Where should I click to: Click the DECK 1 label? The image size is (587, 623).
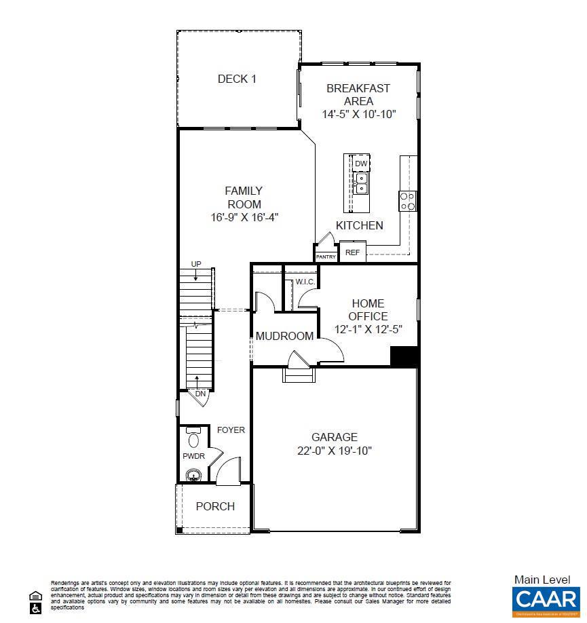pyautogui.click(x=237, y=79)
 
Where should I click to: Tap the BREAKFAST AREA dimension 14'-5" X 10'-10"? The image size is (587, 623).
pyautogui.click(x=358, y=115)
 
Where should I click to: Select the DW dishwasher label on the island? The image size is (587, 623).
pyautogui.click(x=361, y=164)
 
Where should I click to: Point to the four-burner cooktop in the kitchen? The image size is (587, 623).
pyautogui.click(x=407, y=201)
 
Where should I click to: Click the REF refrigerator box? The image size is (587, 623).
pyautogui.click(x=352, y=252)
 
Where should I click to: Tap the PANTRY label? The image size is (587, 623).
pyautogui.click(x=326, y=257)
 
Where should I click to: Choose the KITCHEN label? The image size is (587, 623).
pyautogui.click(x=359, y=225)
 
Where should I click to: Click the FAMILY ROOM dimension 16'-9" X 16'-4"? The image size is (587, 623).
pyautogui.click(x=244, y=217)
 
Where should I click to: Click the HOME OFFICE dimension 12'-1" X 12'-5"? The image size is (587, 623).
pyautogui.click(x=368, y=329)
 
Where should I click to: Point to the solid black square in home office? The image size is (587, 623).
pyautogui.click(x=404, y=357)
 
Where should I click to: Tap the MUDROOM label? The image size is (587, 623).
pyautogui.click(x=284, y=336)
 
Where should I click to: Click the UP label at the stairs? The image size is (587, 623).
pyautogui.click(x=196, y=264)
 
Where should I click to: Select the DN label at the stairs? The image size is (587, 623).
pyautogui.click(x=200, y=394)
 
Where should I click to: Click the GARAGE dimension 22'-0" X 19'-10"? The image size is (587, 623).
pyautogui.click(x=334, y=451)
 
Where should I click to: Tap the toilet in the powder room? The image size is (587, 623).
pyautogui.click(x=194, y=438)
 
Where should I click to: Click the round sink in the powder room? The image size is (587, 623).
pyautogui.click(x=195, y=475)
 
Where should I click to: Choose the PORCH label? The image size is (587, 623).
pyautogui.click(x=215, y=506)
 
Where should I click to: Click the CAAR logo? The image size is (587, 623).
pyautogui.click(x=545, y=599)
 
